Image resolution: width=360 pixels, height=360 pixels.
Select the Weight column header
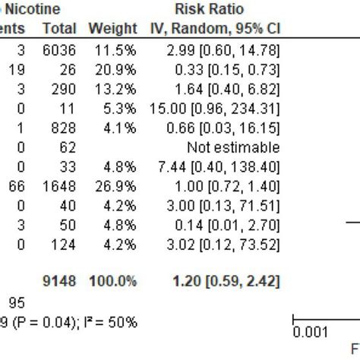[112, 29]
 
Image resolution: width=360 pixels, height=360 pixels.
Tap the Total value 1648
[59, 187]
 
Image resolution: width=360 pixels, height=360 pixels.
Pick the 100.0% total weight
[112, 281]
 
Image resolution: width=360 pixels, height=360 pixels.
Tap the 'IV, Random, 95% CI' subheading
[213, 29]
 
